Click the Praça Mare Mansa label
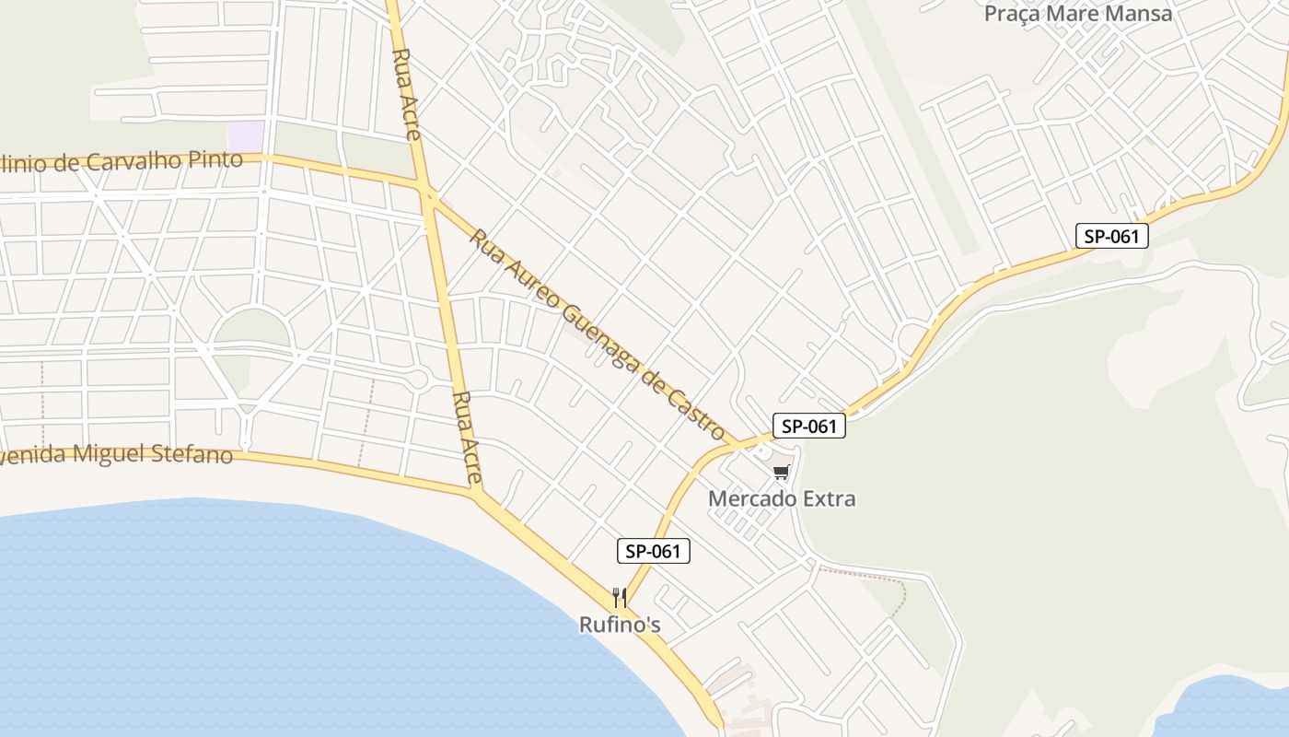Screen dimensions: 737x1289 pyautogui.click(x=1078, y=14)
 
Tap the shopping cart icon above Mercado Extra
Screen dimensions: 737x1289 pyautogui.click(x=781, y=473)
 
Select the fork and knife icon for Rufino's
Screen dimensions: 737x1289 pyautogui.click(x=620, y=598)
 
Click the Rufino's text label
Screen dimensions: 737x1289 pyautogui.click(x=620, y=625)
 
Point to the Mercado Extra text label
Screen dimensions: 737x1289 pyautogui.click(x=782, y=499)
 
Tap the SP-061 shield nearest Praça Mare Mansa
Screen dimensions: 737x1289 pyautogui.click(x=1111, y=236)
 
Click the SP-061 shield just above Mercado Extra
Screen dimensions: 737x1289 pyautogui.click(x=808, y=426)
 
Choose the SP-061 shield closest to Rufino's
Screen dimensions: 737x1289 pyautogui.click(x=653, y=552)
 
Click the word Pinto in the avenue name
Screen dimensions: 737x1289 pyautogui.click(x=215, y=159)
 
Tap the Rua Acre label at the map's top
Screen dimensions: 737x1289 pyautogui.click(x=405, y=92)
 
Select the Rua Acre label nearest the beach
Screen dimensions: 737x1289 pyautogui.click(x=467, y=438)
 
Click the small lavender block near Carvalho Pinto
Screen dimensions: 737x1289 pyautogui.click(x=245, y=135)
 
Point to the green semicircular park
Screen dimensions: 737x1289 pyautogui.click(x=251, y=329)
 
